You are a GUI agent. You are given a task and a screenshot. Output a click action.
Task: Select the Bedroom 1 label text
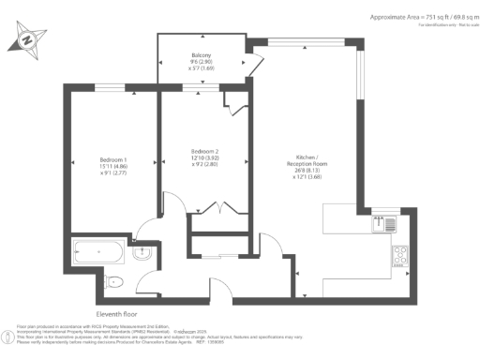(112, 159)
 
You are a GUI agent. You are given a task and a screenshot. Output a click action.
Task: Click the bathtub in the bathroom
(97, 252)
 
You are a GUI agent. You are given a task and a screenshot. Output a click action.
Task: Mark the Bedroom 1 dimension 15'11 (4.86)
(112, 166)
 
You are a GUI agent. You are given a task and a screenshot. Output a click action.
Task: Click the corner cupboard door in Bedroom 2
(235, 106)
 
